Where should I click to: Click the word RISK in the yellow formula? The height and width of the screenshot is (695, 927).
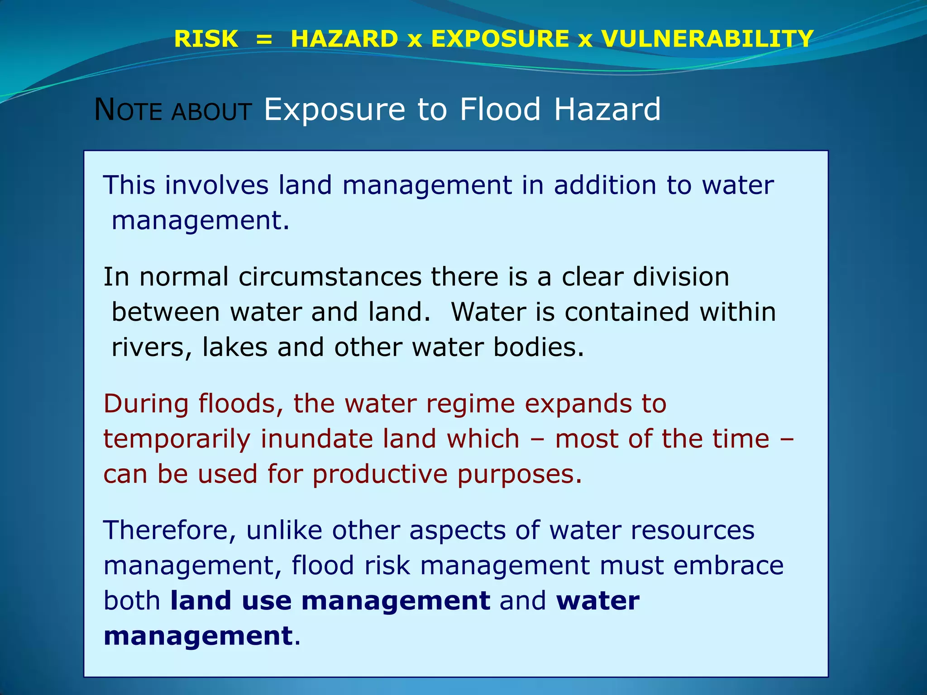[x=206, y=39]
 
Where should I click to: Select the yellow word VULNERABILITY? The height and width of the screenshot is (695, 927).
[x=707, y=39]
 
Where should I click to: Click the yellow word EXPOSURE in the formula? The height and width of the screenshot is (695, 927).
[x=500, y=39]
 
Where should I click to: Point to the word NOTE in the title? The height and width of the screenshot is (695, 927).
[x=128, y=110]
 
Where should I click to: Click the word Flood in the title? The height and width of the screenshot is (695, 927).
[x=500, y=109]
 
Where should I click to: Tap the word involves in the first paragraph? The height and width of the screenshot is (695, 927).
[x=217, y=185]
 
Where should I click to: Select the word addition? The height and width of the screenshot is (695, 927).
[x=605, y=185]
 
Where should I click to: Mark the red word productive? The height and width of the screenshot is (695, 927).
[x=379, y=474]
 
